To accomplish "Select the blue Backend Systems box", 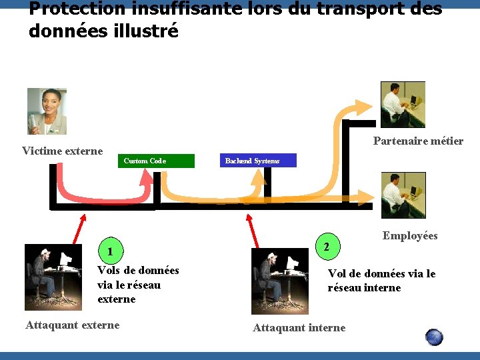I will coord(257,161).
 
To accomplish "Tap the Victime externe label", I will coord(63,151).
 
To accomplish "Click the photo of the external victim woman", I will coord(47,111).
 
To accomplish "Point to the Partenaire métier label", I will coord(418,141).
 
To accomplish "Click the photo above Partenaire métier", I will coord(403,104).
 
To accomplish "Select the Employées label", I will coord(410,235).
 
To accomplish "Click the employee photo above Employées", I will coord(403,195).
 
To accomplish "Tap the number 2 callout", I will coord(326,247).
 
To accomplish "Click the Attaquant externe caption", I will coord(73,325).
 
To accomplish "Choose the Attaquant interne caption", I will coord(299,327).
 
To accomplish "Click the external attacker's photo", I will coord(53,277).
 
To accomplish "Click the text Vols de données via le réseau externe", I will coord(138,285).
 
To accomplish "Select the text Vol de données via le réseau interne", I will coord(381,281).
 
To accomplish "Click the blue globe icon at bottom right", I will coord(434,337).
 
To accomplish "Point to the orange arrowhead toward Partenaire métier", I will coord(365,108).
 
